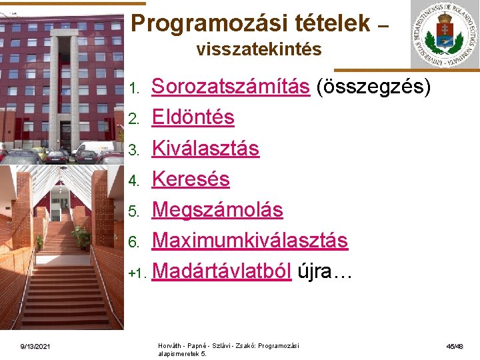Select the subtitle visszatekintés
259,49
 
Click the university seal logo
443,35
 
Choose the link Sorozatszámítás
231,87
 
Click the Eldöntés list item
193,117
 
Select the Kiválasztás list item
205,148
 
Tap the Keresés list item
191,179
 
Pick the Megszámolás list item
217,209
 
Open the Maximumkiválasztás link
250,240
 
